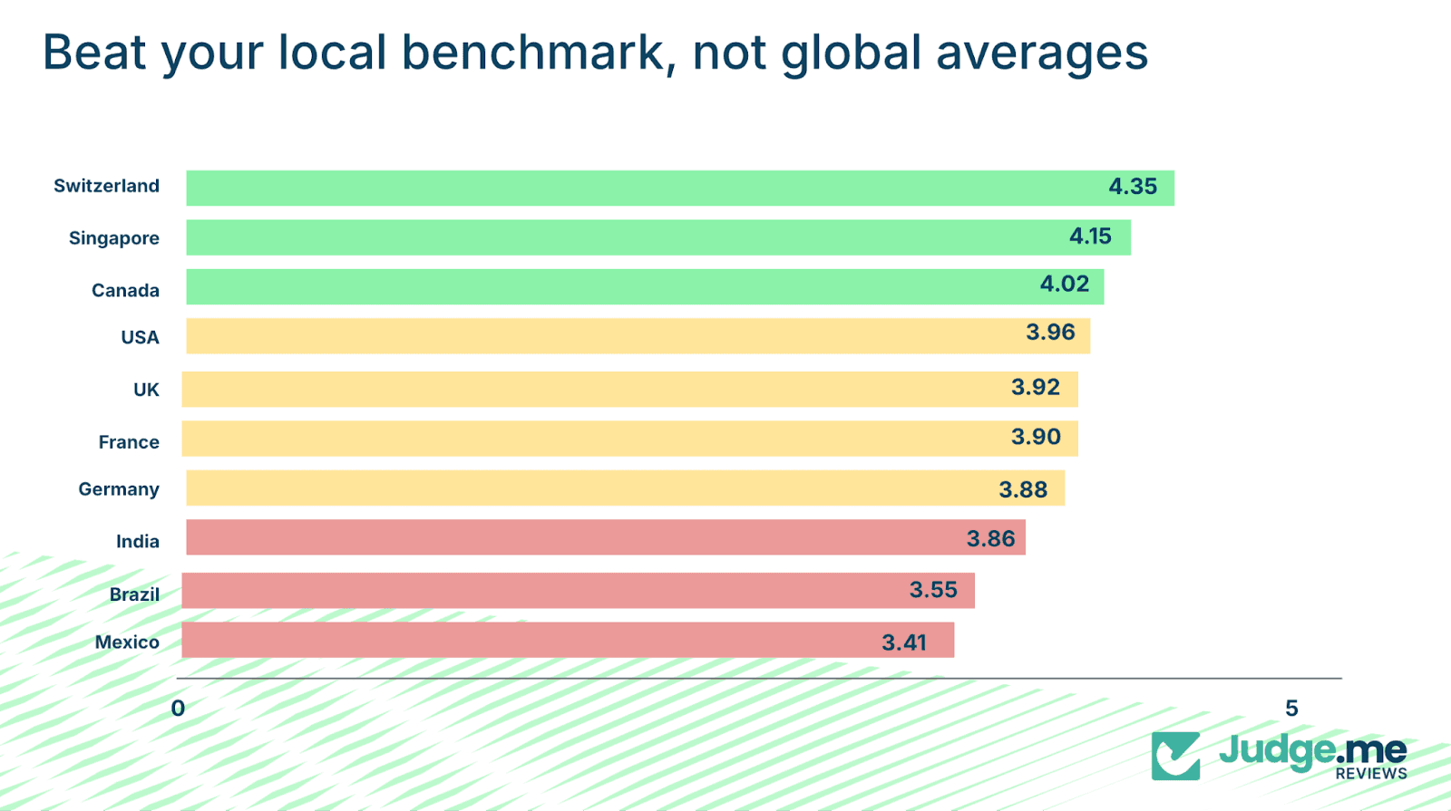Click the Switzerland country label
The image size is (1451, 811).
pos(106,186)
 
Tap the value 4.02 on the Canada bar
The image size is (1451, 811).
pos(1064,284)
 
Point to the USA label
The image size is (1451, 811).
pos(140,337)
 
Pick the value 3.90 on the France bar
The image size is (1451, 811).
pos(1036,437)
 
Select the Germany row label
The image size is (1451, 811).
pos(119,489)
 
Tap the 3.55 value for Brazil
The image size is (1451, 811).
pos(933,590)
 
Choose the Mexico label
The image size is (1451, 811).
pos(127,642)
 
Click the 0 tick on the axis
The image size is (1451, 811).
pos(178,709)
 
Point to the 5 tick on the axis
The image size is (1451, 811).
pos(1291,709)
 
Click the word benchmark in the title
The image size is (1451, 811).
pos(533,53)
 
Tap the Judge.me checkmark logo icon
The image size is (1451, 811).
pos(1175,756)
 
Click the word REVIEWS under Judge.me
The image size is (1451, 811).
pos(1370,774)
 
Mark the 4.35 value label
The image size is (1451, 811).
pos(1133,187)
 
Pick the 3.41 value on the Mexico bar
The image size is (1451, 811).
pos(904,642)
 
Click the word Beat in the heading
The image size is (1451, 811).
pos(94,53)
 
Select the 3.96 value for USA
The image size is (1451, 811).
pos(1050,333)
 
